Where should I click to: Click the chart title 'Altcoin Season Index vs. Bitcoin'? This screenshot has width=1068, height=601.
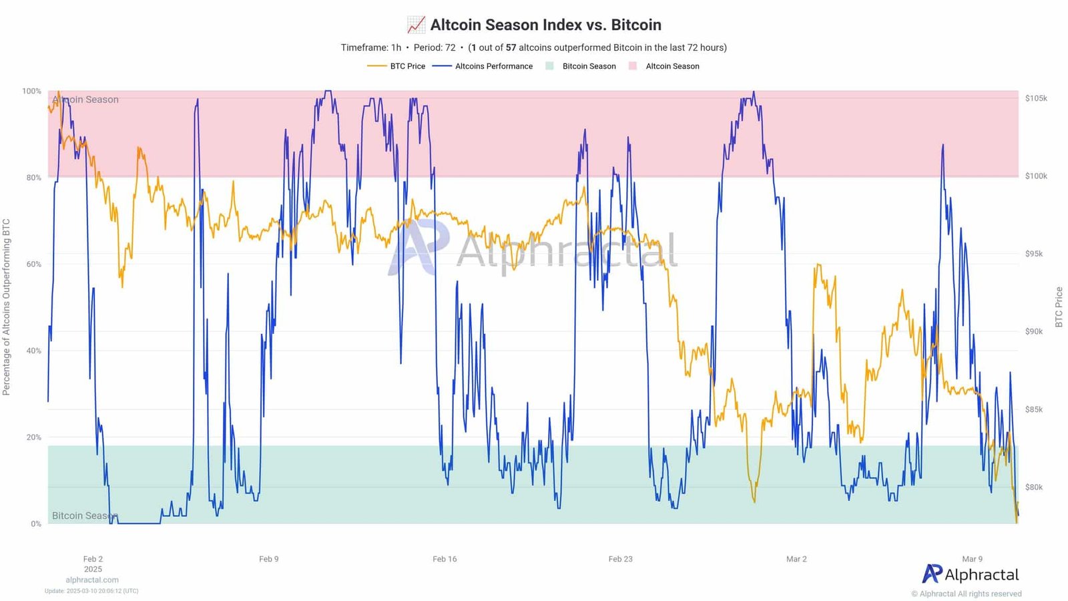[x=545, y=25]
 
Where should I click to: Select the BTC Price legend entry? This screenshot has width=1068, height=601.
[x=407, y=66]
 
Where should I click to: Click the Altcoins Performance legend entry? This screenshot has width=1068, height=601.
[x=493, y=66]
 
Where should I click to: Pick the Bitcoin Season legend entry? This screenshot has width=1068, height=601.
[x=588, y=66]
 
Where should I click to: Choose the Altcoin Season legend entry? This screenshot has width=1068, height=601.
[x=672, y=66]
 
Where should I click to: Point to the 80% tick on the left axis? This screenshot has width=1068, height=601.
[x=33, y=178]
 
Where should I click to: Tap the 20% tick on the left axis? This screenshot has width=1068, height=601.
[x=33, y=437]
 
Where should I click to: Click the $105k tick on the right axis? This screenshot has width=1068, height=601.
[x=1036, y=98]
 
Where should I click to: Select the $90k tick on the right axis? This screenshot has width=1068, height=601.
[x=1034, y=331]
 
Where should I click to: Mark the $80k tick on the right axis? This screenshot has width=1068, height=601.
[x=1034, y=487]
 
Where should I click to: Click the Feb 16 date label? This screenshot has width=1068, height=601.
[x=445, y=559]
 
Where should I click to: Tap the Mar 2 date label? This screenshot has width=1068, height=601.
[x=796, y=559]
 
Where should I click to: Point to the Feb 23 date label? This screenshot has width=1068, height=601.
[x=620, y=559]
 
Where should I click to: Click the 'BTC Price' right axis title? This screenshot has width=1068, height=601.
[x=1059, y=307]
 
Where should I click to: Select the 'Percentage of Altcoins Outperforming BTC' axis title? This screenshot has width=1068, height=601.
[x=7, y=307]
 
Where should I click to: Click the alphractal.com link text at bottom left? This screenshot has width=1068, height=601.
[x=92, y=580]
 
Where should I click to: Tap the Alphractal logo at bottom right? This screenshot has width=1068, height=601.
[x=971, y=574]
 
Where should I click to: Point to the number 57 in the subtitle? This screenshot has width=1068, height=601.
[x=511, y=47]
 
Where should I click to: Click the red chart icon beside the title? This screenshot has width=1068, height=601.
[x=416, y=25]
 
